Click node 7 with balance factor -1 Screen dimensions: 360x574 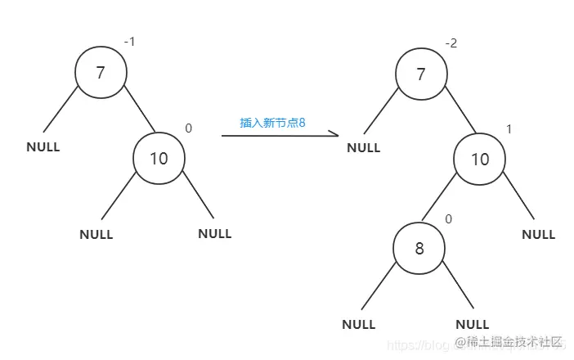[101, 73]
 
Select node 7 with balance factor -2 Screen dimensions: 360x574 [421, 75]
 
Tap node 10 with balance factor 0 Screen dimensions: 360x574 [159, 157]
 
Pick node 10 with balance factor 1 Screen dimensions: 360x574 [480, 158]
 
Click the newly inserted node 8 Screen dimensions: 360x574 [419, 247]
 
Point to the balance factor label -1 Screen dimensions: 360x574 [130, 40]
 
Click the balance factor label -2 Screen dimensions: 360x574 [451, 43]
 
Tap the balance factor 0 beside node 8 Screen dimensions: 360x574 [448, 218]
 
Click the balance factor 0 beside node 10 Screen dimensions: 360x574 [188, 128]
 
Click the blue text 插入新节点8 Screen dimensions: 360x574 [271, 122]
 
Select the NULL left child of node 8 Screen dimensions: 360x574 [358, 324]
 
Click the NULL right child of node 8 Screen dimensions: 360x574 [472, 324]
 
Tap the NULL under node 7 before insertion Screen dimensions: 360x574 [43, 147]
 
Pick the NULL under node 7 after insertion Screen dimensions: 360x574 [364, 148]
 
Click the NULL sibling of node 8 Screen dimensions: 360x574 [538, 234]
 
